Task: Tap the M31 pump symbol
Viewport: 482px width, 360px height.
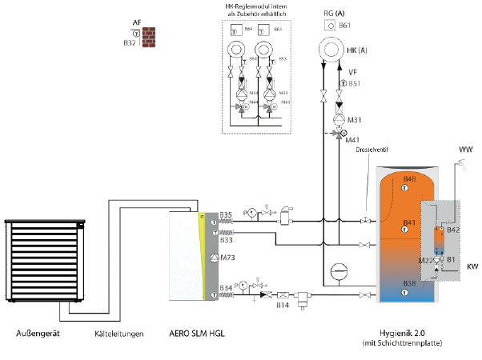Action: click(x=339, y=121)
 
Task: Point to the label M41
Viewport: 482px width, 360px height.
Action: click(x=352, y=140)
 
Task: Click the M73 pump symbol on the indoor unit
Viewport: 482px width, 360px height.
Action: click(x=214, y=257)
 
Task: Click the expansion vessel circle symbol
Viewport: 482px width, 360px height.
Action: click(x=339, y=270)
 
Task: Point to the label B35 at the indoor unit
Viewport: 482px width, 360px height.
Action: click(x=227, y=214)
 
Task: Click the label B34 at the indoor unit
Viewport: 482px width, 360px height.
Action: click(x=227, y=286)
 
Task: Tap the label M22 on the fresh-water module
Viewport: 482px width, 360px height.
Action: click(x=427, y=261)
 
